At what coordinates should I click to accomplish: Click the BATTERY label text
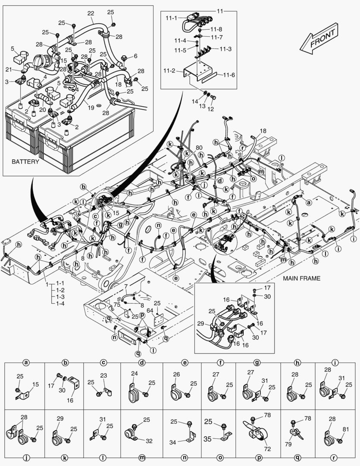(x=25, y=162)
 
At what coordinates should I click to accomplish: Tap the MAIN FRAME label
(x=301, y=278)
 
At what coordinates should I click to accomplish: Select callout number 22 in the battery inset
(x=91, y=14)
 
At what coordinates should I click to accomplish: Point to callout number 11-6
(x=229, y=75)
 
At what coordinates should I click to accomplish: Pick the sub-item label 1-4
(x=60, y=304)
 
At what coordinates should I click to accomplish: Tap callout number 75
(x=117, y=304)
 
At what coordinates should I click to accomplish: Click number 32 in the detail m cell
(x=149, y=441)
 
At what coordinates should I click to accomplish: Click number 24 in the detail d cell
(x=135, y=374)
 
